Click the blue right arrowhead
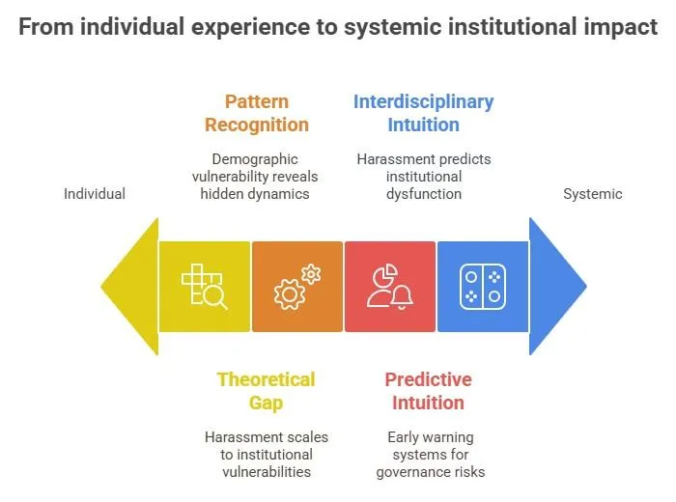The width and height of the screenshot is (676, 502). point(554,286)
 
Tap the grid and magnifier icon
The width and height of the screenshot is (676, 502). point(205,287)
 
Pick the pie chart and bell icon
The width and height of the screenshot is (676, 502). point(390,287)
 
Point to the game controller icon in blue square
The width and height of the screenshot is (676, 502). point(482,287)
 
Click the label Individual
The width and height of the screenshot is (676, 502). point(95,194)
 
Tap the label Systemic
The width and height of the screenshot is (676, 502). point(593,194)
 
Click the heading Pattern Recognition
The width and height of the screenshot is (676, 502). point(257,113)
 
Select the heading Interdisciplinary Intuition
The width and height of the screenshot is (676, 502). point(423,113)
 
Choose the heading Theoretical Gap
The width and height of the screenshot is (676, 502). point(267,391)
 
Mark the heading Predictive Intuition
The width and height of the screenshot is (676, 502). point(428,391)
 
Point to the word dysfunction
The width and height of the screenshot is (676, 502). point(424,194)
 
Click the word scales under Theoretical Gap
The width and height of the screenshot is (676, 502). point(303,437)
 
